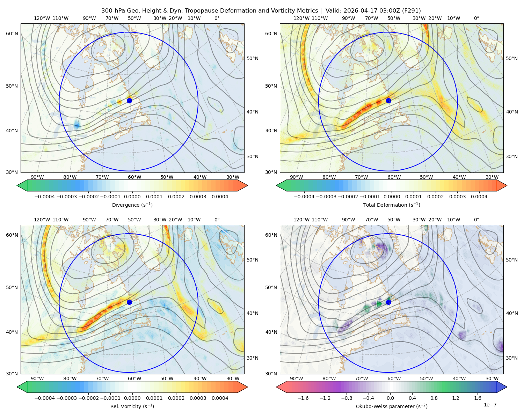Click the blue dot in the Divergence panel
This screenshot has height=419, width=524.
click(129, 101)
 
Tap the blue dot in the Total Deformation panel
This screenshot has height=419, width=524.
click(388, 101)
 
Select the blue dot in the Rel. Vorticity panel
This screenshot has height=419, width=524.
click(129, 302)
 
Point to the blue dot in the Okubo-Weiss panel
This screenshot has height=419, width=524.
click(388, 302)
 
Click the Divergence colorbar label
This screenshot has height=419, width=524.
click(132, 205)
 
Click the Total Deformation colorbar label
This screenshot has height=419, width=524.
click(392, 205)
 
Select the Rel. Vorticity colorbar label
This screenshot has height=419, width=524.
click(132, 406)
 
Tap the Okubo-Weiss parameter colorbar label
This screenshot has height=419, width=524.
click(392, 406)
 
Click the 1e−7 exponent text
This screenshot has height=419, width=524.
click(490, 405)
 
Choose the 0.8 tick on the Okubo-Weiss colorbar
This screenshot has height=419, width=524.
click(434, 398)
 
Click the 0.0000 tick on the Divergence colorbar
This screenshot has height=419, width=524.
click(132, 197)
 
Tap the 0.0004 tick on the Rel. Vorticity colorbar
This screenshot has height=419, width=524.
click(220, 398)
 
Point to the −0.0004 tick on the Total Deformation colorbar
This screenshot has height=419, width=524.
click(304, 197)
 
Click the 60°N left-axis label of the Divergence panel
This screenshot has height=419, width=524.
click(12, 34)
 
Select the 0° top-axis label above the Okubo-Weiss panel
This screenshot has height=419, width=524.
click(476, 220)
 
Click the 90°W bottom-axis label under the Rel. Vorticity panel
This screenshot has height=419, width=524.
click(37, 378)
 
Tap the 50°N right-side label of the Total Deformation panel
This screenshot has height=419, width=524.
click(512, 58)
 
